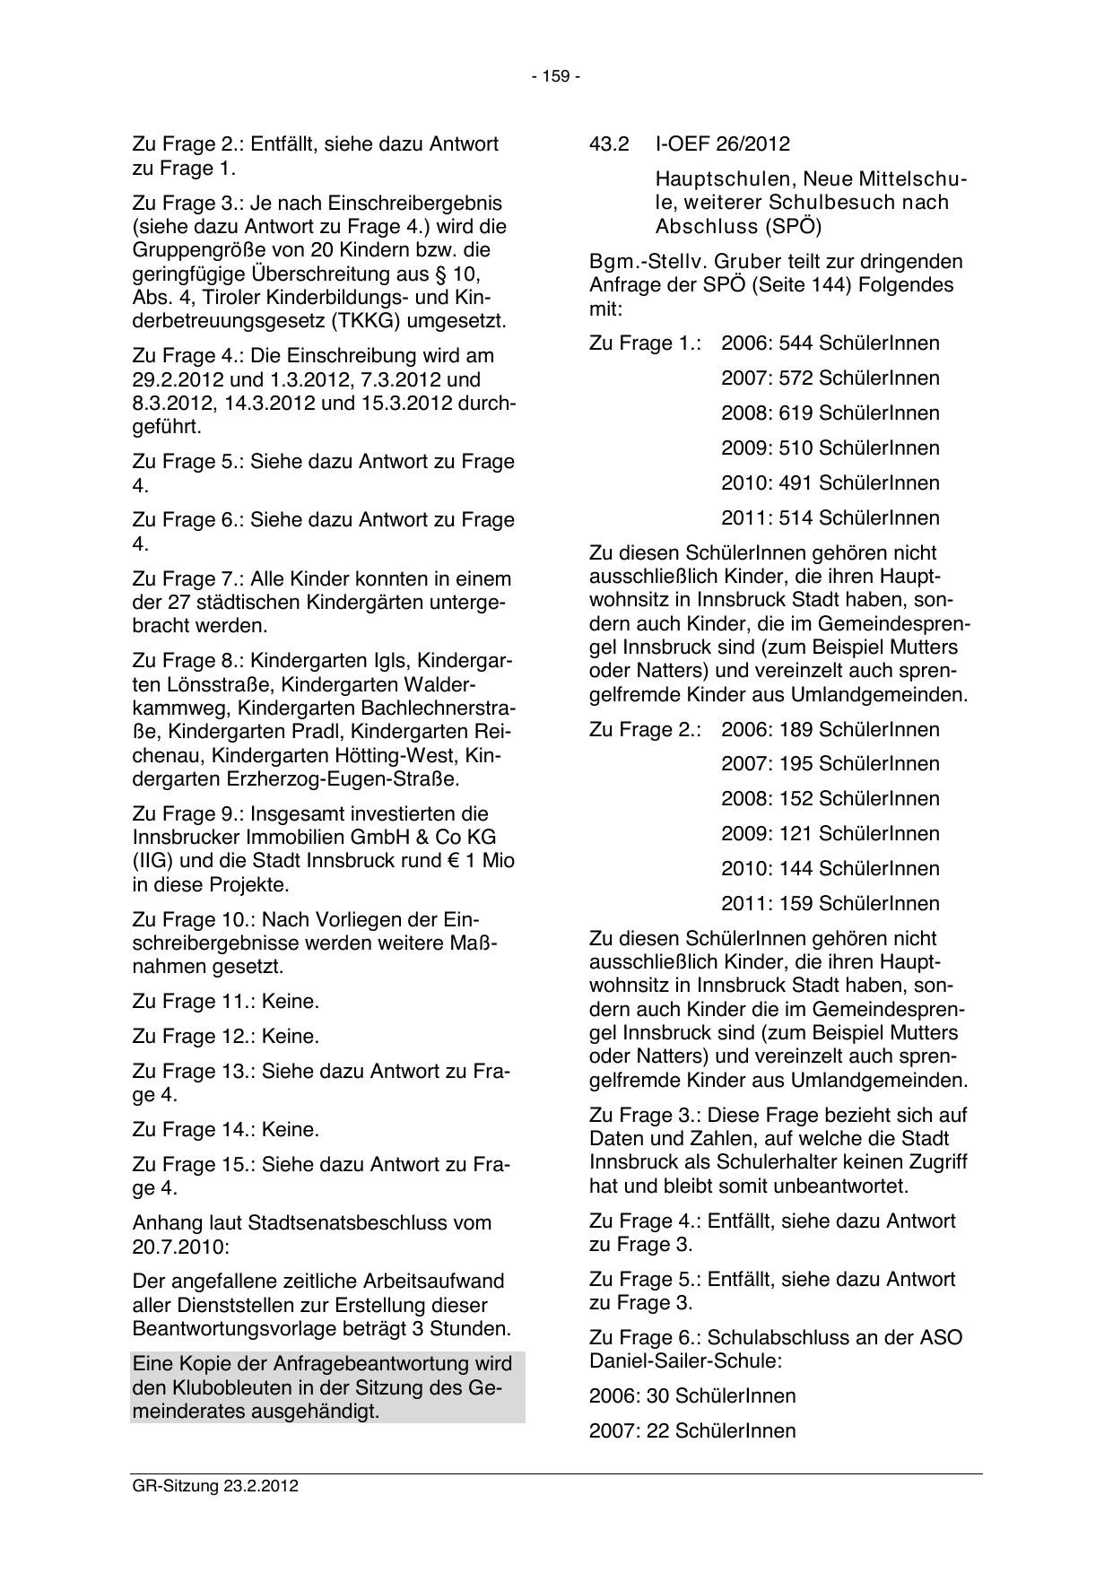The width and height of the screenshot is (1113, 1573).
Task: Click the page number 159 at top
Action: (x=556, y=77)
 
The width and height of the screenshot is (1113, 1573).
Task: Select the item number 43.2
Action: (x=609, y=144)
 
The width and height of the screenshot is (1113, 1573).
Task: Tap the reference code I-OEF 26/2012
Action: (x=723, y=144)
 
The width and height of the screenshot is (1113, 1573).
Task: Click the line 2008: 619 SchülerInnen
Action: (x=830, y=413)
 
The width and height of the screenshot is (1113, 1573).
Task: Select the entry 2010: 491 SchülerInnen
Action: (x=830, y=483)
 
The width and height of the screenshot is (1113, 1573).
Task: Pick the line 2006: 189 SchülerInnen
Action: (x=830, y=730)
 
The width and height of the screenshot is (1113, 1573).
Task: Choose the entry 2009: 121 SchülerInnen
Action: (x=830, y=834)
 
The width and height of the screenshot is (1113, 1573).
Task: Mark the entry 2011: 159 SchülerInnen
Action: (x=830, y=904)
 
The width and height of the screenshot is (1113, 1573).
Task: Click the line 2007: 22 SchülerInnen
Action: (x=692, y=1431)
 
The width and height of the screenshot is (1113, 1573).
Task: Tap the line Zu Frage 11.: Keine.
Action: (x=225, y=1002)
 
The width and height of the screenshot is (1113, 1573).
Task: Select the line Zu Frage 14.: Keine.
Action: (x=225, y=1130)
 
